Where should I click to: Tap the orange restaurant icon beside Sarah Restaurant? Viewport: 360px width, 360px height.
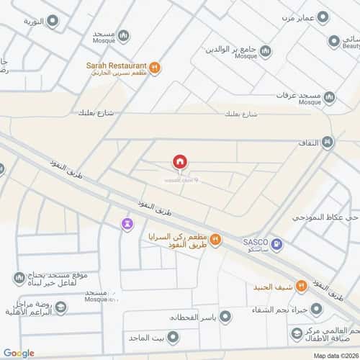tap(156, 68)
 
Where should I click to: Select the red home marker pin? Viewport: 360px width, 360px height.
tap(180, 162)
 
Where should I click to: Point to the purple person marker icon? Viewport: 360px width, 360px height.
tap(127, 224)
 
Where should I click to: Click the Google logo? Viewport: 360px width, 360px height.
tap(18, 353)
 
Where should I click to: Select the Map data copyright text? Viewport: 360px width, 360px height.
tap(333, 354)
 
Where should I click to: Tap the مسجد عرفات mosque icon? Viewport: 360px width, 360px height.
tap(329, 97)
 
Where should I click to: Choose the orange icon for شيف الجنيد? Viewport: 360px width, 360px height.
tap(302, 286)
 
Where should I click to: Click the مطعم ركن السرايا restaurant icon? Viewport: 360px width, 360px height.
tap(215, 240)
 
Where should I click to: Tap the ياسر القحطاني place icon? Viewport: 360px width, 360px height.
tap(225, 317)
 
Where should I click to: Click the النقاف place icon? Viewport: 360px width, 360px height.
tap(328, 143)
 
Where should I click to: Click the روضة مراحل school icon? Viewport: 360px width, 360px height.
tap(62, 307)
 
